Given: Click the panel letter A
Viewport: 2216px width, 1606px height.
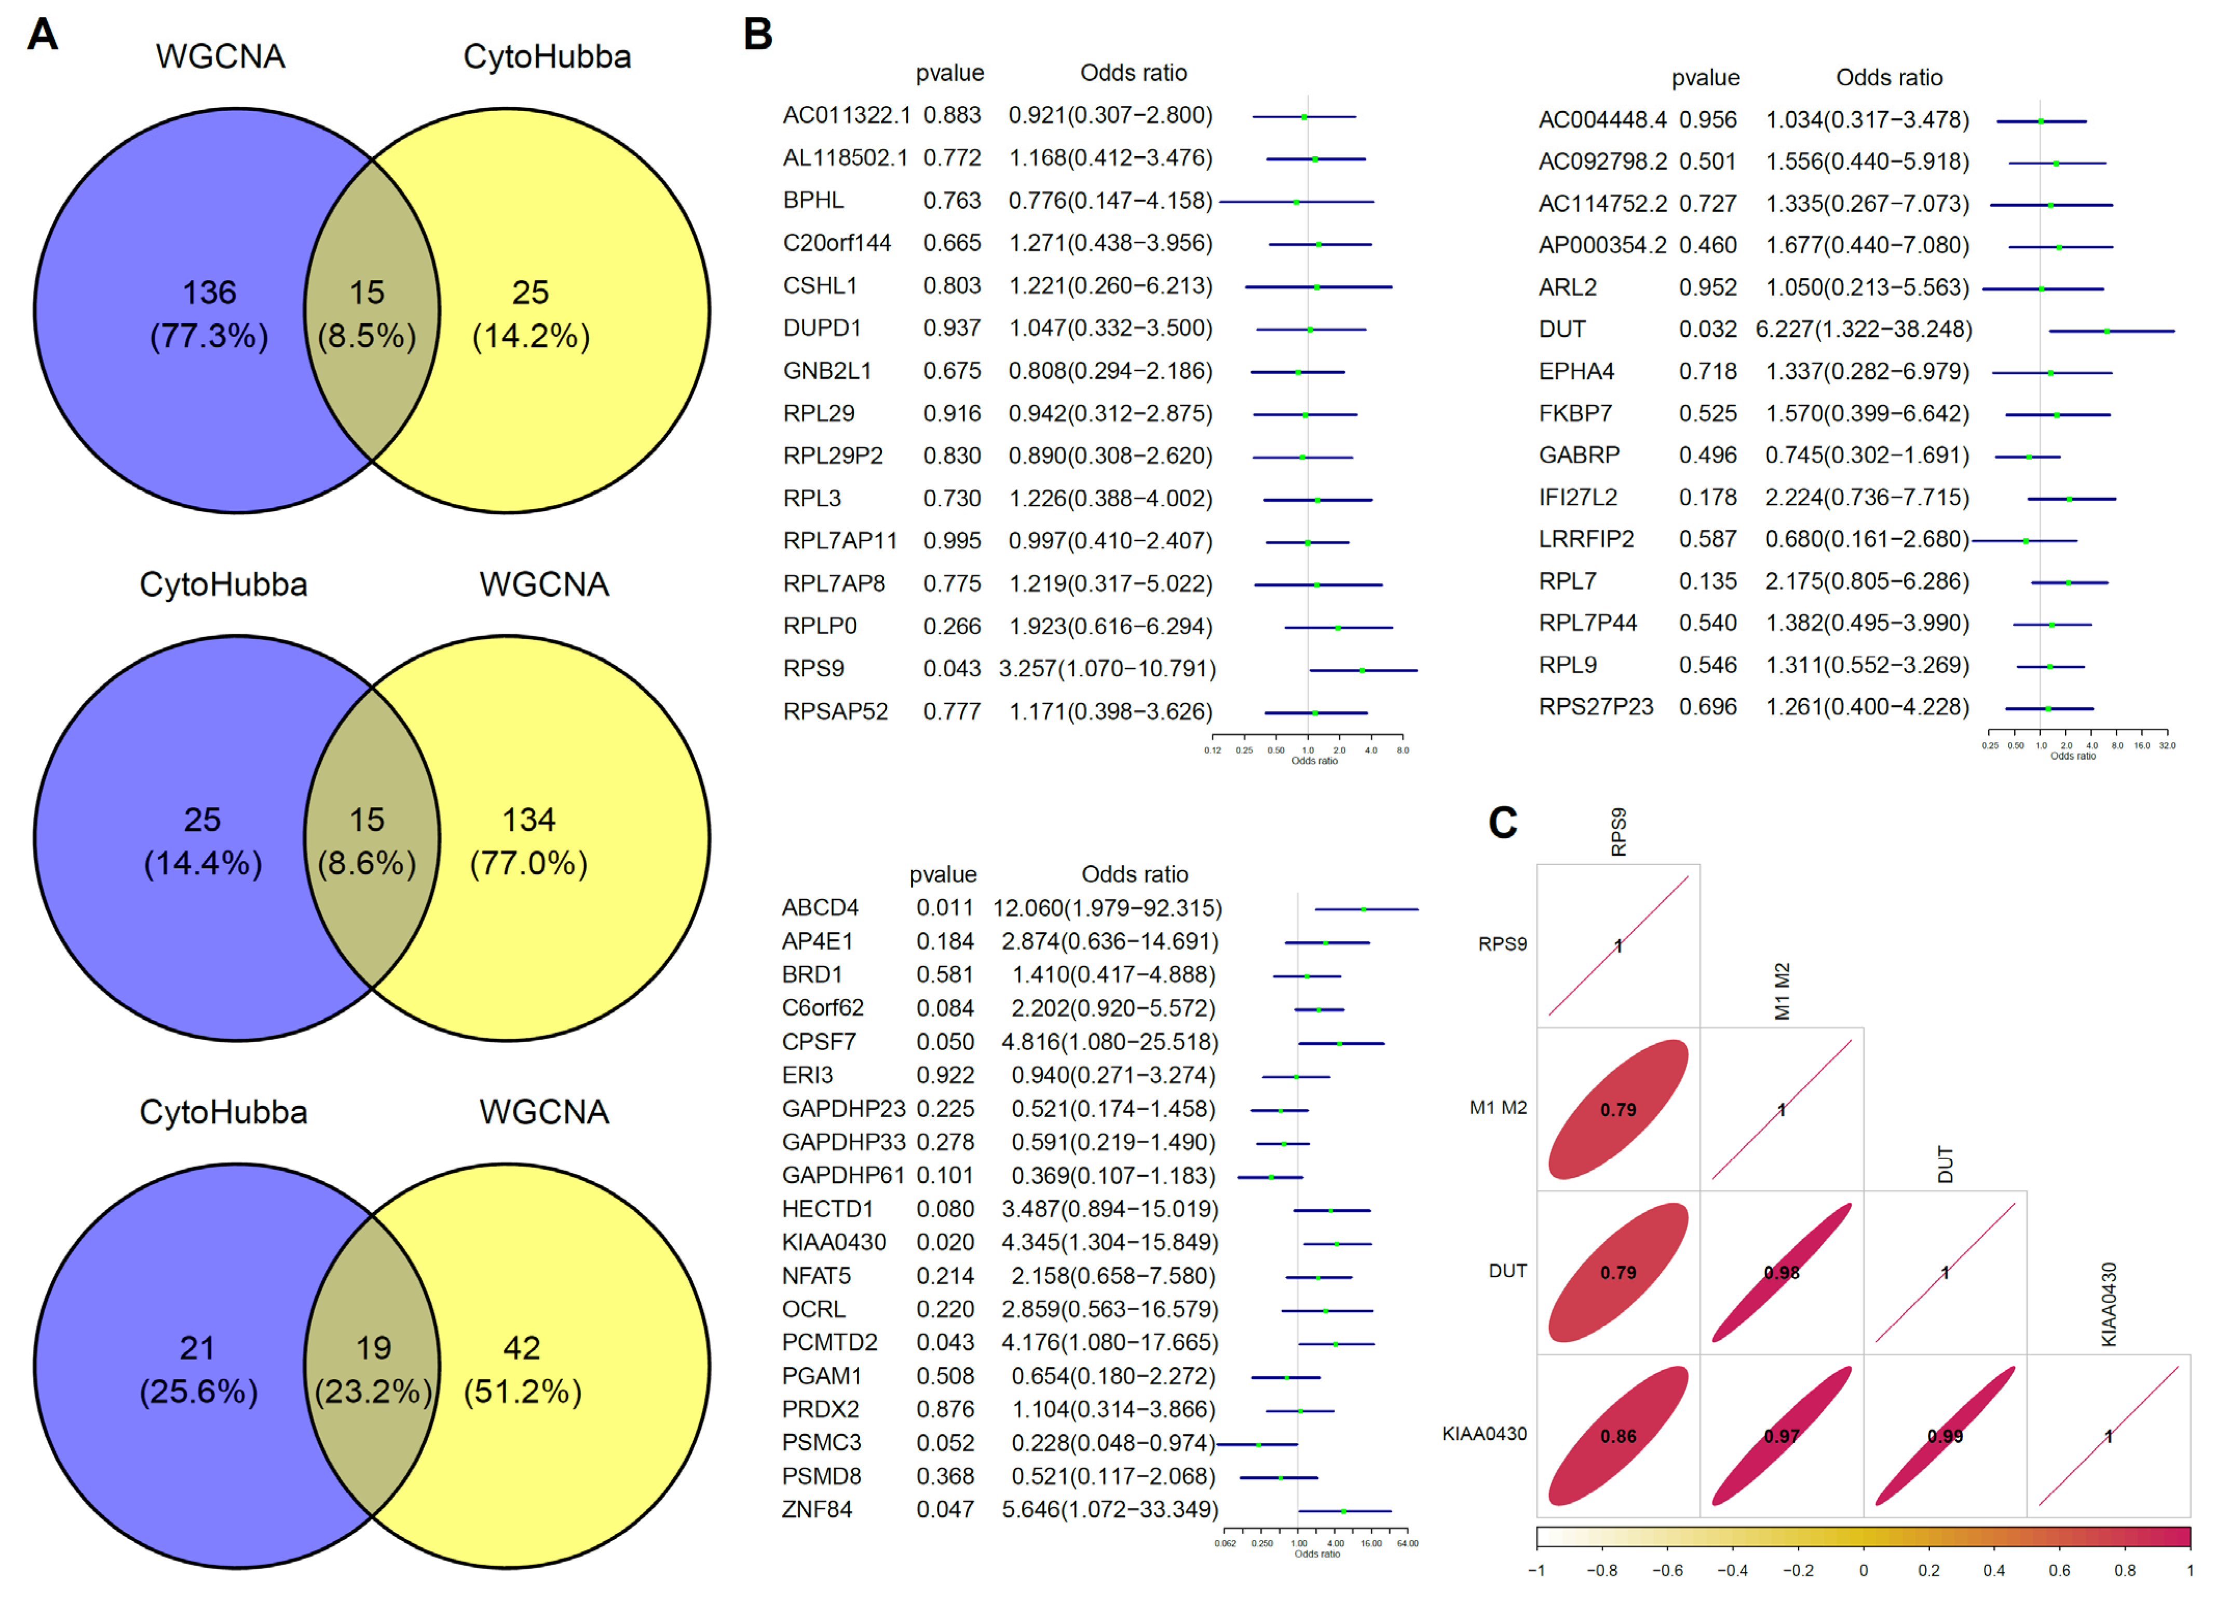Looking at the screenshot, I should (42, 35).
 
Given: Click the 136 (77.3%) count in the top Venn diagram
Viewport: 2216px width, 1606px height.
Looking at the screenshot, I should (209, 313).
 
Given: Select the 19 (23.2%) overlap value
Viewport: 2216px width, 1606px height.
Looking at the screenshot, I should (373, 1369).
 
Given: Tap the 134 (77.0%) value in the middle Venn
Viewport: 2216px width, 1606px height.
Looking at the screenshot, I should (528, 841).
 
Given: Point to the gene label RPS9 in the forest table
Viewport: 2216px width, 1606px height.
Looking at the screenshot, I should (813, 669).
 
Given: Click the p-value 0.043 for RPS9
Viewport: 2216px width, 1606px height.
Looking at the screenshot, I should (951, 669).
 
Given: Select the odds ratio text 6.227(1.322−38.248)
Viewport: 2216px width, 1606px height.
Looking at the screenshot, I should (1863, 329).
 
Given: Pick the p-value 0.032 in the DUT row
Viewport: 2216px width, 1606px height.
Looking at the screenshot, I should (1707, 329).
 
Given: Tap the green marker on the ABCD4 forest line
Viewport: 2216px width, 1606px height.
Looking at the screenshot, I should (1364, 910).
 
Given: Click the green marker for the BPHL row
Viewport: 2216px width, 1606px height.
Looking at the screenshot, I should (1297, 202).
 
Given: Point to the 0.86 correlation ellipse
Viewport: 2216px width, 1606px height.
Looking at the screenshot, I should (1618, 1436).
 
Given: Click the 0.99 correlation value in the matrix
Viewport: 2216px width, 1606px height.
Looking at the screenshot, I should (1946, 1436).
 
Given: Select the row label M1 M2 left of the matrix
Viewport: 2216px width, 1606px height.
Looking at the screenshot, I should (1498, 1108).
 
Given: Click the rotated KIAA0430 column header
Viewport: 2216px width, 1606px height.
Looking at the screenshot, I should (2109, 1304).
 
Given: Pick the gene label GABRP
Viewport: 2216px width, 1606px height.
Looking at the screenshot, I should (1579, 455).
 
